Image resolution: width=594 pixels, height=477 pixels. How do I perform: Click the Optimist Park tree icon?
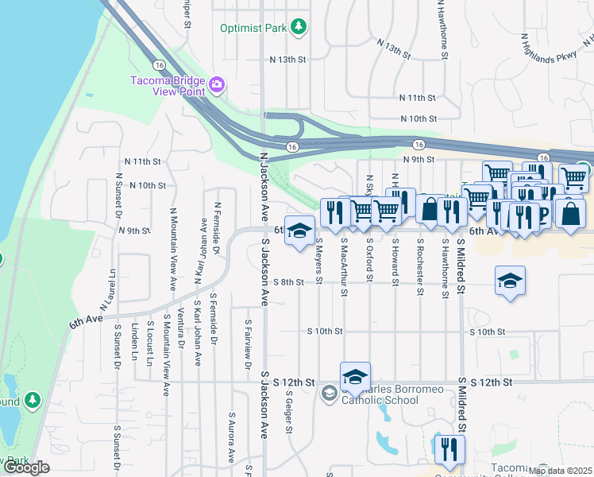point(299,27)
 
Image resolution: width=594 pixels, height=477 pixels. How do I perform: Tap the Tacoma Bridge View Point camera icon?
point(216,84)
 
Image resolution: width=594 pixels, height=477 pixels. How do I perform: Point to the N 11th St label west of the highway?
point(143,161)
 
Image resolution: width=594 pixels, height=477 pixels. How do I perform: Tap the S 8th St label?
point(288,281)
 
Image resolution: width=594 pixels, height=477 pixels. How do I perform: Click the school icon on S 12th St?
point(355,378)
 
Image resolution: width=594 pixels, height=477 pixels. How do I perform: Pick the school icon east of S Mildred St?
point(510,281)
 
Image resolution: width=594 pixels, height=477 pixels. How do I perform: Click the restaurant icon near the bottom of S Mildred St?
point(449,448)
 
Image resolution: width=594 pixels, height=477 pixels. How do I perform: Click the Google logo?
point(26,467)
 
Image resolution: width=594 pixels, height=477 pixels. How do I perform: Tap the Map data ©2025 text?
point(559,470)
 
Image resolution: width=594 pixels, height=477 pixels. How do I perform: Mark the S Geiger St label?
point(289,412)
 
